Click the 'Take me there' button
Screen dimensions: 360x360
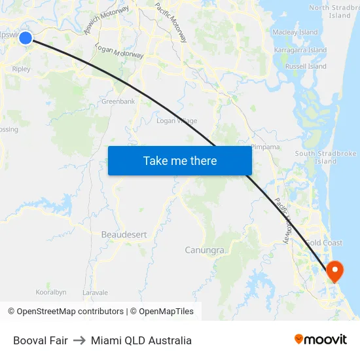[180, 160]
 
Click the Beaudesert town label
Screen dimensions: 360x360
[124, 234]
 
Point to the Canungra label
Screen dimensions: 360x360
[205, 250]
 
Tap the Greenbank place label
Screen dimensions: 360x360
[118, 101]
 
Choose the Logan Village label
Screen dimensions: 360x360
[177, 120]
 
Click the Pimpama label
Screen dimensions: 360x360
[266, 147]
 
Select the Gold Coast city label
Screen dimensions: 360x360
[323, 243]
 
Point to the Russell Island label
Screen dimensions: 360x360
[306, 66]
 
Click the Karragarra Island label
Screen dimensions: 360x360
[301, 50]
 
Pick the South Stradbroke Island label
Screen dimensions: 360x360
[325, 157]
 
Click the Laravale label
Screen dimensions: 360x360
[95, 293]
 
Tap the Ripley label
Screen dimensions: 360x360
[21, 68]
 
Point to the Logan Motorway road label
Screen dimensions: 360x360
[119, 52]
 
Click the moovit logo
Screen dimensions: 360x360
[320, 340]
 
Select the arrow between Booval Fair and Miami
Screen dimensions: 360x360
[79, 340]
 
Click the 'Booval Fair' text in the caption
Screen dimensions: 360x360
[41, 340]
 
